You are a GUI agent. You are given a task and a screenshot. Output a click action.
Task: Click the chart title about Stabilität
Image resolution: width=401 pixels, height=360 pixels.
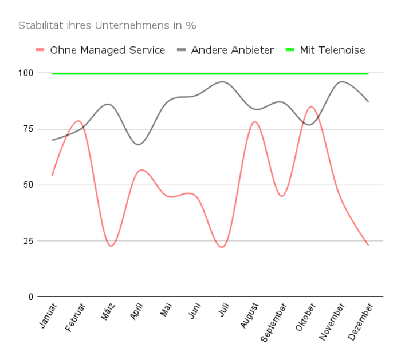pyautogui.click(x=108, y=26)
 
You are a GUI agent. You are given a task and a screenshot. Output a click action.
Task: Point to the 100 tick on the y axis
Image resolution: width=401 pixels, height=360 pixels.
pyautogui.click(x=26, y=73)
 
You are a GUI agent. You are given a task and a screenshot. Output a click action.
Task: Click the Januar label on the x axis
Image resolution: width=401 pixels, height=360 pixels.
pyautogui.click(x=49, y=316)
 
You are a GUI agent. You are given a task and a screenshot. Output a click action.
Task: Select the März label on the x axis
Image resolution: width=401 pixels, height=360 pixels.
pyautogui.click(x=108, y=312)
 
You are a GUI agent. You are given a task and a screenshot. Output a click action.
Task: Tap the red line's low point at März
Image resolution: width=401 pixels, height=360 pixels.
pyautogui.click(x=111, y=246)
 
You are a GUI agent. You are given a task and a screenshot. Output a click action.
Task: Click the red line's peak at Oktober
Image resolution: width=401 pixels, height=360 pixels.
pyautogui.click(x=311, y=106)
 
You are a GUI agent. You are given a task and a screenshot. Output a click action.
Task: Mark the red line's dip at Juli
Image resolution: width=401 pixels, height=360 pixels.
pyautogui.click(x=222, y=247)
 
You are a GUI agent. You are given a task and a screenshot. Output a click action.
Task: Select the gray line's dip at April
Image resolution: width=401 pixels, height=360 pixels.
pyautogui.click(x=138, y=144)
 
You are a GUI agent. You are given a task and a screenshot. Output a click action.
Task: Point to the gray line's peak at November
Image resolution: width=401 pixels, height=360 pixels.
pyautogui.click(x=342, y=82)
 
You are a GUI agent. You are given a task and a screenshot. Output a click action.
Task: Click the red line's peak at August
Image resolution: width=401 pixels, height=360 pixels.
pyautogui.click(x=254, y=121)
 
